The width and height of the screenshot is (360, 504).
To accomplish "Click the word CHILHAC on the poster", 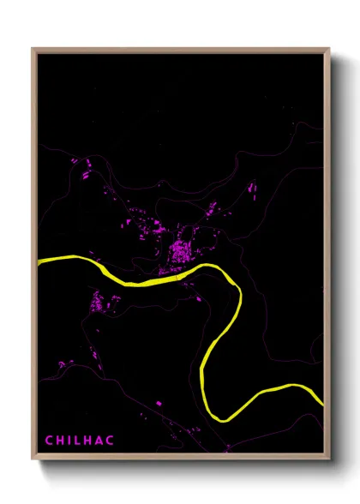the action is click(x=78, y=441).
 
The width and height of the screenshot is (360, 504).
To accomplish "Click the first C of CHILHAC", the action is click(x=49, y=441).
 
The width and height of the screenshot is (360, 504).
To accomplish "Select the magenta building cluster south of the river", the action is click(x=102, y=302).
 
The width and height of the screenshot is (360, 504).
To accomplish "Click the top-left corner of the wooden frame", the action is click(x=33, y=49).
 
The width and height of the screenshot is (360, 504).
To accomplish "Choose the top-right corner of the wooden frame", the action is click(x=329, y=49).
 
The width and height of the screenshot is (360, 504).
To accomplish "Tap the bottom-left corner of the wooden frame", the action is click(x=33, y=459).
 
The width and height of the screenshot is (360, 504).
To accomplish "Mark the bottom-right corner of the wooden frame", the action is click(x=329, y=459).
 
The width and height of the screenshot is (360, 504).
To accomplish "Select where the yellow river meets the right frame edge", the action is click(x=323, y=400).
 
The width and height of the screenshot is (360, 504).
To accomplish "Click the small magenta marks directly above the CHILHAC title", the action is click(x=64, y=363).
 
